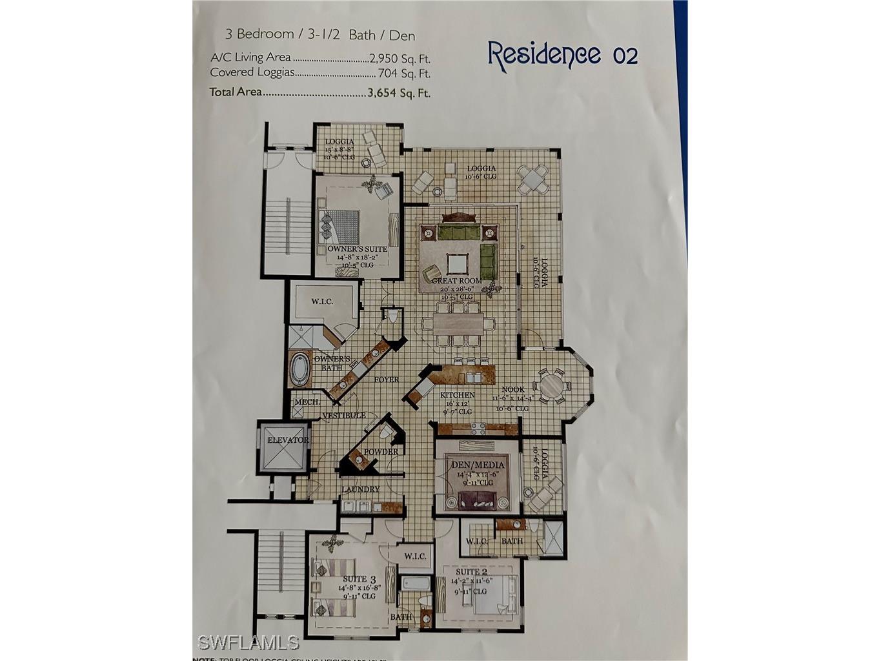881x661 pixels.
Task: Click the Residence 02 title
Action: coord(562,54)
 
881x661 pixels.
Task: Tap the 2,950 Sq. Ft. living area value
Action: coord(400,57)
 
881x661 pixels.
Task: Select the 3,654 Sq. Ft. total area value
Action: coord(398,92)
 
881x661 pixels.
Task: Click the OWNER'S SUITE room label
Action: coord(357,249)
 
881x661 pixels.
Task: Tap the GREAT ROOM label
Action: coord(461,281)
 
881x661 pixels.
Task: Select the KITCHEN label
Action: coord(458,395)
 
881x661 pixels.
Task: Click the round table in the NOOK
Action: coord(552,387)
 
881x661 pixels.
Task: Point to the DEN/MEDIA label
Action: coord(477,464)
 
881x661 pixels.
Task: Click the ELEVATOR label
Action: coord(288,440)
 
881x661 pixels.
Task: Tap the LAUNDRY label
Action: coord(361,489)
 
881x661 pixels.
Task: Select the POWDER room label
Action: coord(381,452)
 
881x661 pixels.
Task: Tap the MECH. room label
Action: coord(307,402)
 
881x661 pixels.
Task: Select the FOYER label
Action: coord(385,380)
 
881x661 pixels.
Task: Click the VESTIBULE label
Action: coord(344,415)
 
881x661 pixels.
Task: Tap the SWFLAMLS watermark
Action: coord(248,642)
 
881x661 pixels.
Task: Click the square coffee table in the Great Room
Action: coord(457,263)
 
